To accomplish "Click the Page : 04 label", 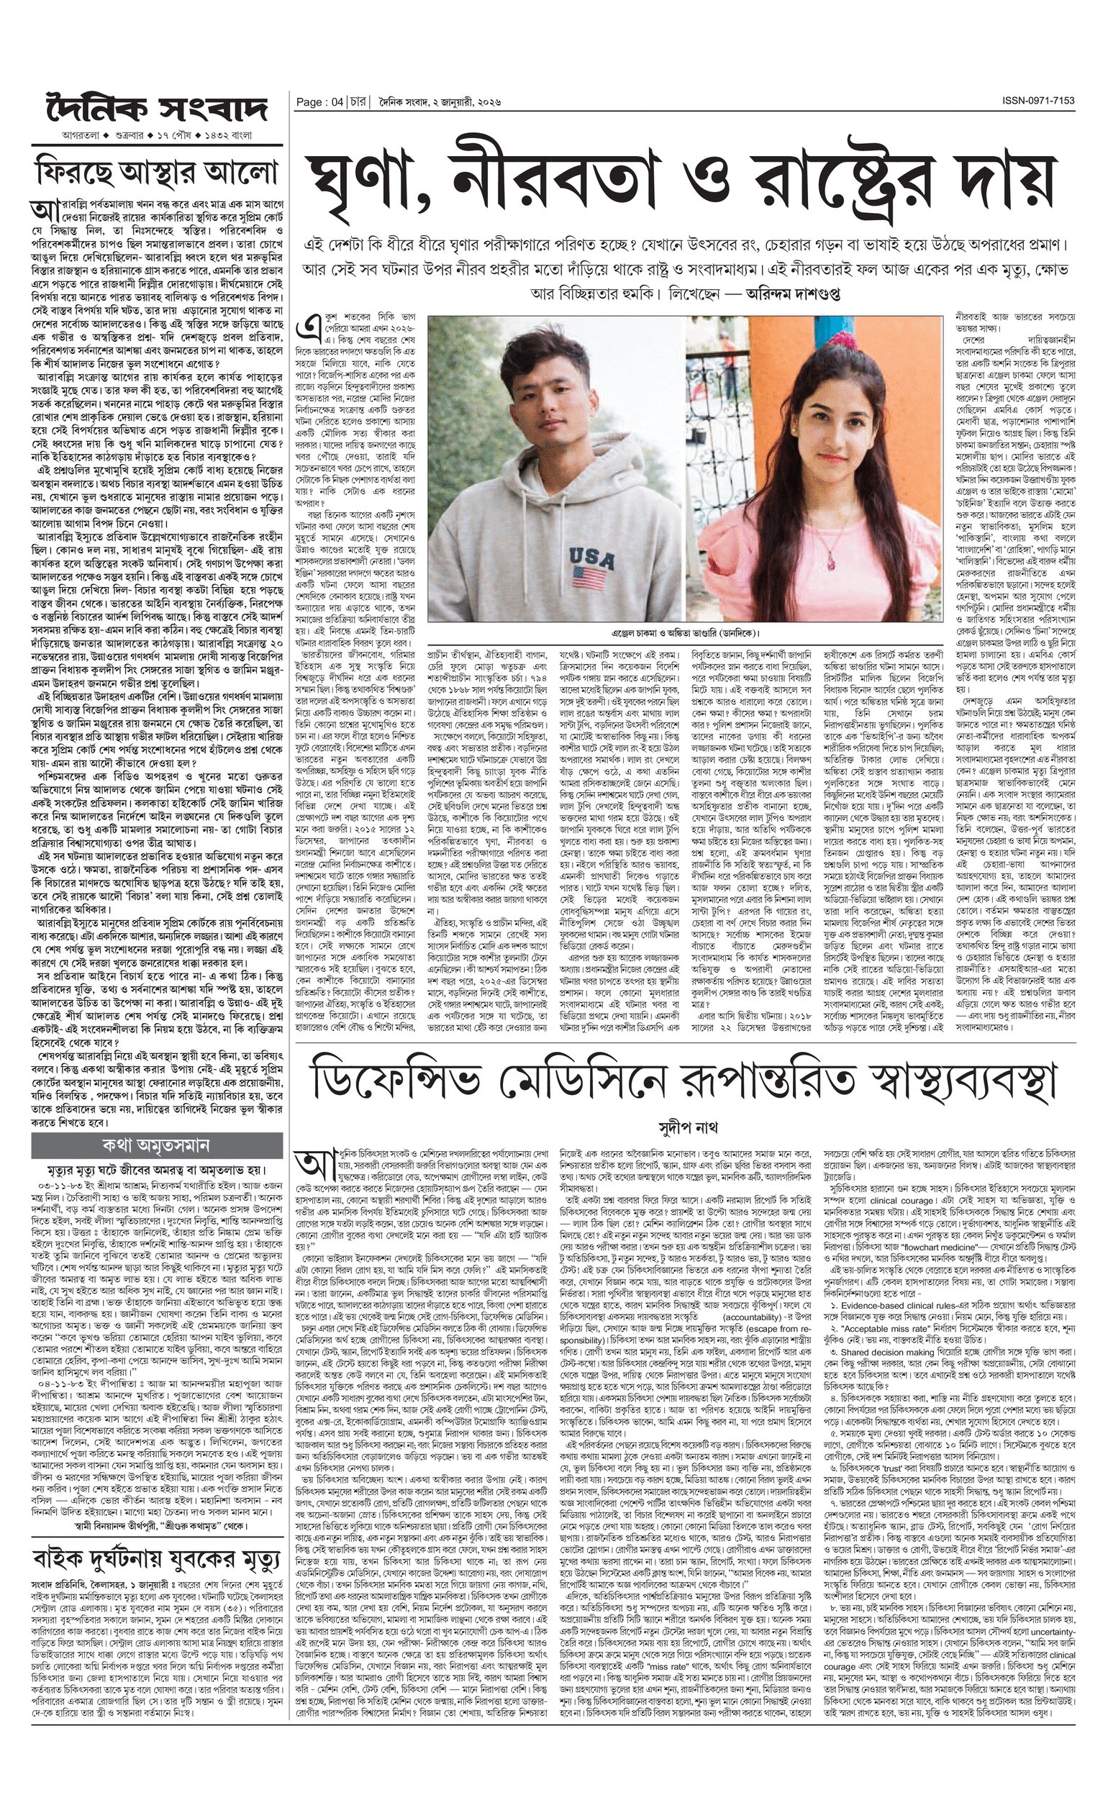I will coord(319,103).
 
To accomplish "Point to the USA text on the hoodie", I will coord(592,554).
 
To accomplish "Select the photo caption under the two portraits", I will coord(685,633).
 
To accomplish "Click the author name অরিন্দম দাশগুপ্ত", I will coord(782,293).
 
